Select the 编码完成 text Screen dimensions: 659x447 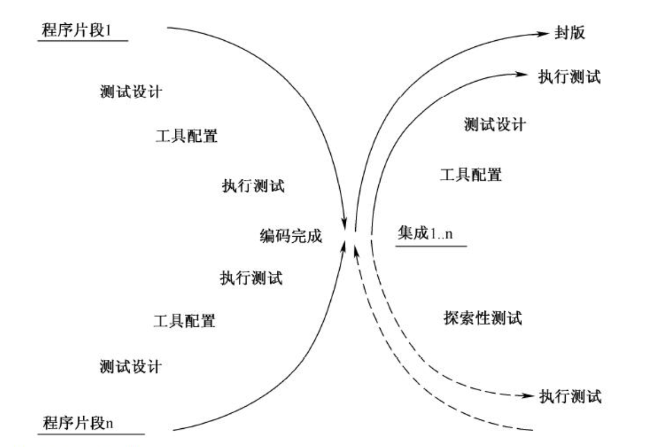pos(291,236)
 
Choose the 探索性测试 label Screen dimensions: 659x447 pos(483,318)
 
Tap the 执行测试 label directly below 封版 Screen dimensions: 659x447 pos(570,77)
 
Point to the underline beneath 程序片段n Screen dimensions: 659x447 pos(91,434)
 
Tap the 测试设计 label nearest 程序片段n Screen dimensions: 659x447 pos(131,366)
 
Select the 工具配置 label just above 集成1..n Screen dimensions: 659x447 pos(471,175)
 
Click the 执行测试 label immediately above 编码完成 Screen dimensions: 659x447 pos(253,185)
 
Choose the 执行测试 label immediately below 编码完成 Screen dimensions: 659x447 pos(251,277)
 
